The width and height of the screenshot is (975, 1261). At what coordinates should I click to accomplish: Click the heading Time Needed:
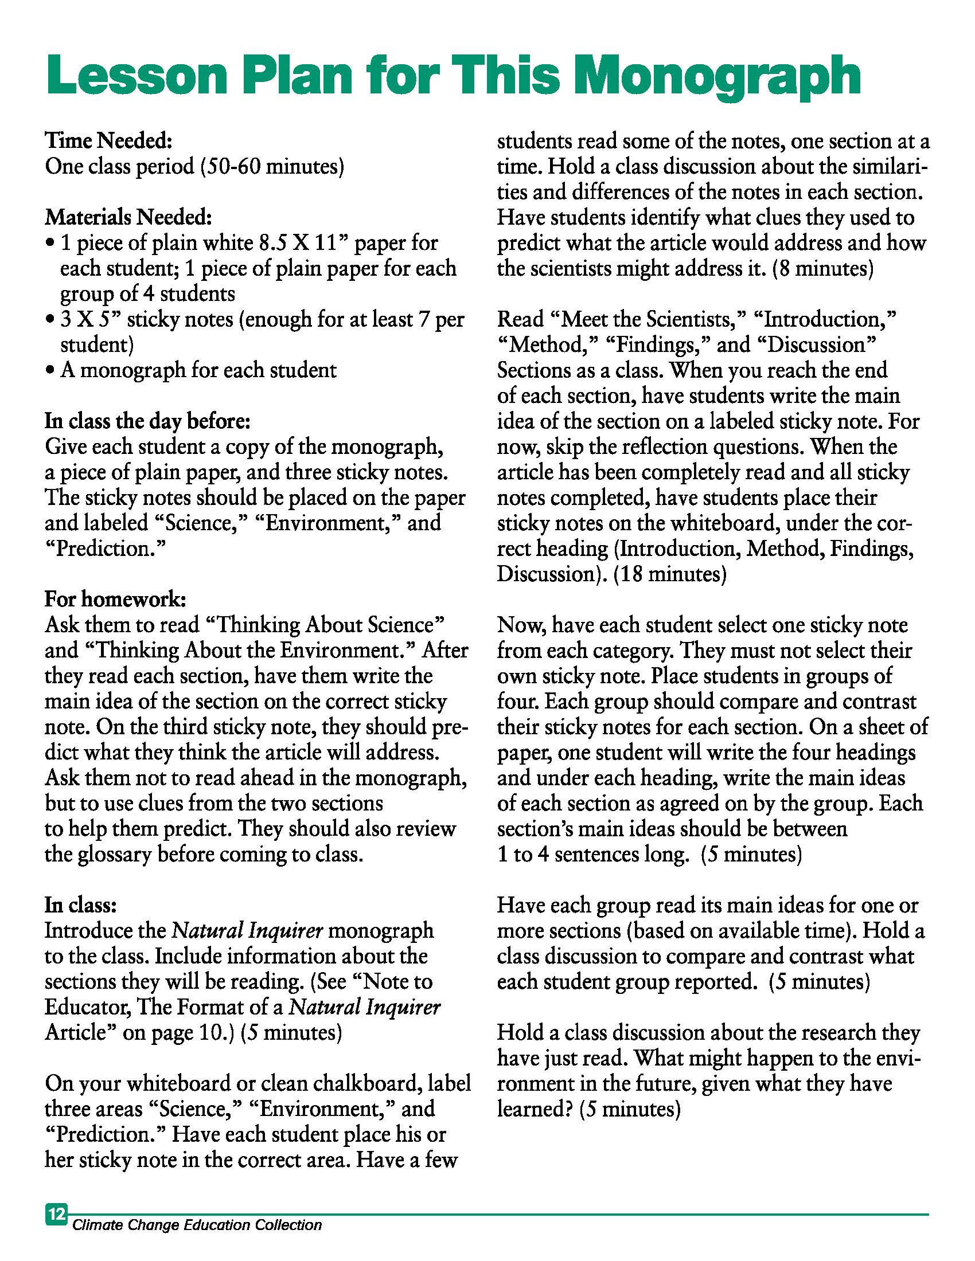(x=108, y=140)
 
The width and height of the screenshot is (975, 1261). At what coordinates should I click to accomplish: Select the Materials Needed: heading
(x=128, y=217)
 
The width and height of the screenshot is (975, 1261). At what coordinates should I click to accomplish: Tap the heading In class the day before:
(x=147, y=421)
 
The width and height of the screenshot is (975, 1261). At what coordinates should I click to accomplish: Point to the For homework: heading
(x=115, y=600)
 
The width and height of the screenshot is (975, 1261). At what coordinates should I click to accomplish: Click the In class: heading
(x=80, y=904)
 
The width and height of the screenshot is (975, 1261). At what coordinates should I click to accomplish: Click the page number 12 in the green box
(x=57, y=1213)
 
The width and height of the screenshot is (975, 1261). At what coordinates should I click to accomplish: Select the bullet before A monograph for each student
(x=50, y=371)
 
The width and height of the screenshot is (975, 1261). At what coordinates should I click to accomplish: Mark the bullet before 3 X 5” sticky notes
(x=50, y=320)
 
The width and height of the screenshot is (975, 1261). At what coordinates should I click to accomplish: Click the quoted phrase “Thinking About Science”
(x=325, y=625)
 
